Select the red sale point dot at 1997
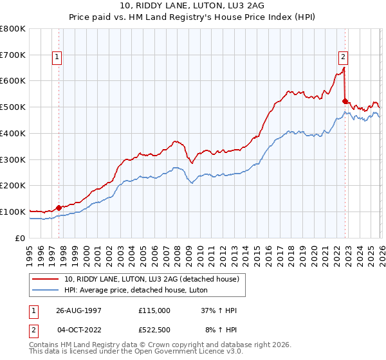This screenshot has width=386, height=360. (59, 208)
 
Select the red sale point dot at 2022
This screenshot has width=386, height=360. (345, 101)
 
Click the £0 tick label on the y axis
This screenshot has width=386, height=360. (19, 238)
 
